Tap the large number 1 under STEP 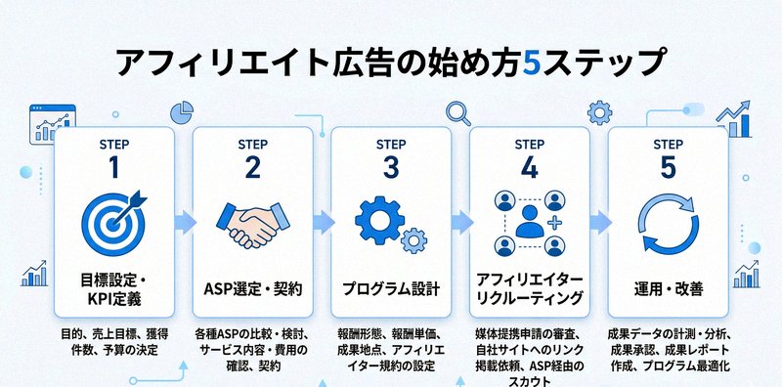pyautogui.click(x=114, y=167)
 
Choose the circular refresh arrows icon pyautogui.click(x=668, y=223)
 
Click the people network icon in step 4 pyautogui.click(x=529, y=223)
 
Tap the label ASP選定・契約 pyautogui.click(x=252, y=289)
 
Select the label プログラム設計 pyautogui.click(x=391, y=289)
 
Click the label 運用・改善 pyautogui.click(x=668, y=289)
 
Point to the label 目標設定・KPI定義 pyautogui.click(x=114, y=289)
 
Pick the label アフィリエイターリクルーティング pyautogui.click(x=529, y=289)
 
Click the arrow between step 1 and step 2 pyautogui.click(x=183, y=224)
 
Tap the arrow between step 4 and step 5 pyautogui.click(x=598, y=224)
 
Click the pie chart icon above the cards pyautogui.click(x=181, y=110)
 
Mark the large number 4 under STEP pyautogui.click(x=529, y=167)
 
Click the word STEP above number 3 pyautogui.click(x=391, y=144)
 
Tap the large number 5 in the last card pyautogui.click(x=668, y=167)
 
